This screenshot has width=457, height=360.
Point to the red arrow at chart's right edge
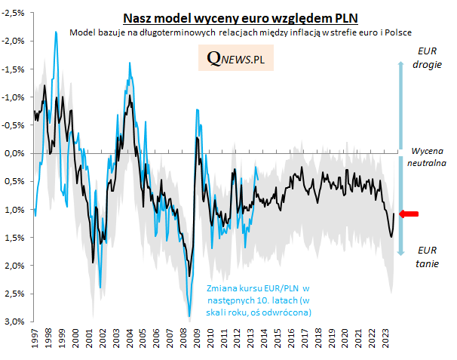(x=409, y=215)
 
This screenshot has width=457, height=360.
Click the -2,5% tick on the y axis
(x=14, y=12)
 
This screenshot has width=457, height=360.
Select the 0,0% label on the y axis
(x=16, y=152)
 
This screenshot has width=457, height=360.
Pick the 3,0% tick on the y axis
(x=16, y=322)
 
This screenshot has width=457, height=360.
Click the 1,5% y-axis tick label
(x=16, y=237)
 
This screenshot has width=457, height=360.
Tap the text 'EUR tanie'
(x=427, y=257)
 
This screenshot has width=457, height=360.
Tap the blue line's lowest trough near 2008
(x=189, y=317)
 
